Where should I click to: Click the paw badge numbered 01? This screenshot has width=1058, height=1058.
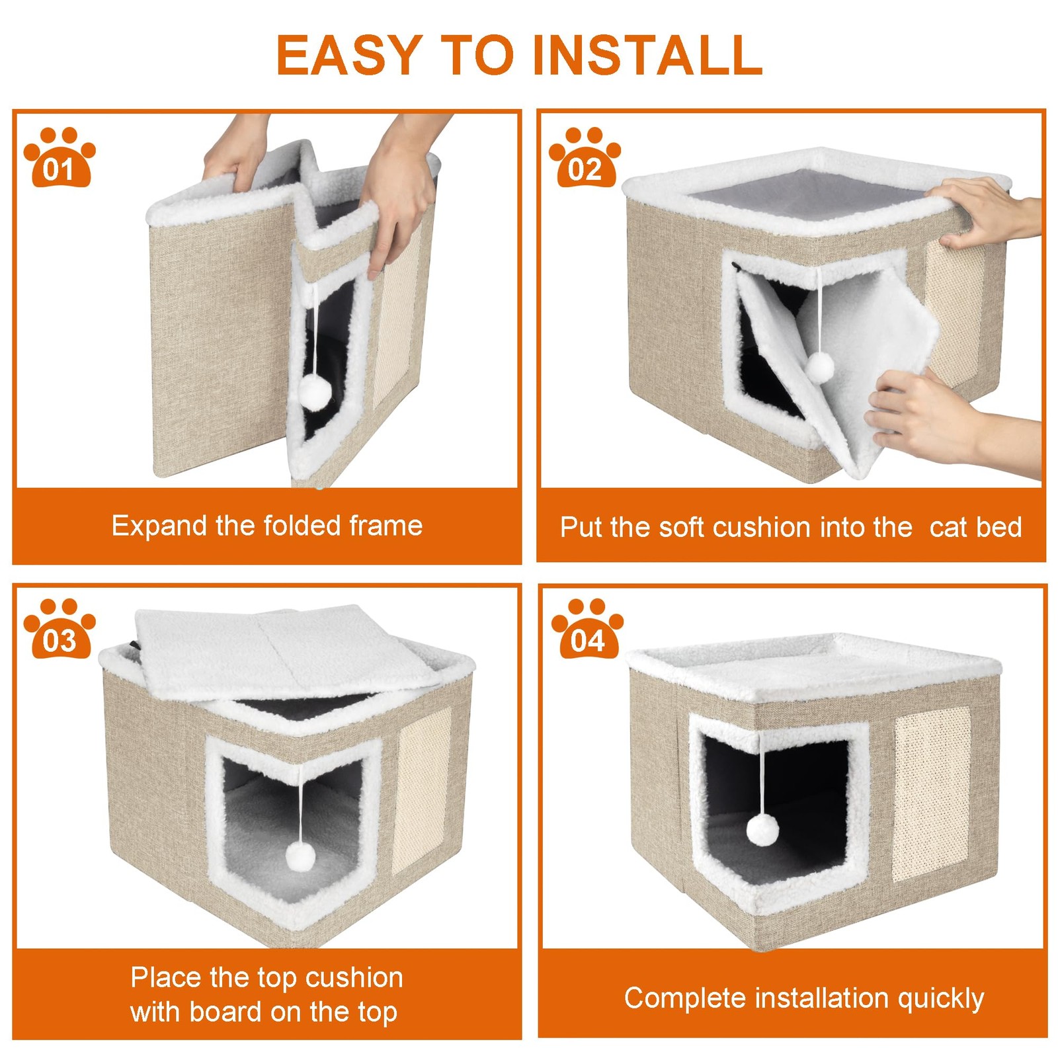coord(60,157)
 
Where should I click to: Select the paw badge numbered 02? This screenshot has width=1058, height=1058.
coord(585,157)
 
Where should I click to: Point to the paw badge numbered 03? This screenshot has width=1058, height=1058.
coord(60,628)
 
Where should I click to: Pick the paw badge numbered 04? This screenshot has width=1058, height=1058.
coord(587,628)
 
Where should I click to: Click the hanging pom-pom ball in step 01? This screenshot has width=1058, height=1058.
coord(315,392)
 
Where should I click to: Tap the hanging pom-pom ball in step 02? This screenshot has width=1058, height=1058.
coord(820,367)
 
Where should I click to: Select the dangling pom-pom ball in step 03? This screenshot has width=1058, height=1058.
coord(301,858)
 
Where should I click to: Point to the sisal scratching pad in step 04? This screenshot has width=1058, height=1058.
coord(932,793)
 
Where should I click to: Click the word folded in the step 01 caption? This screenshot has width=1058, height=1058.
coord(302,526)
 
